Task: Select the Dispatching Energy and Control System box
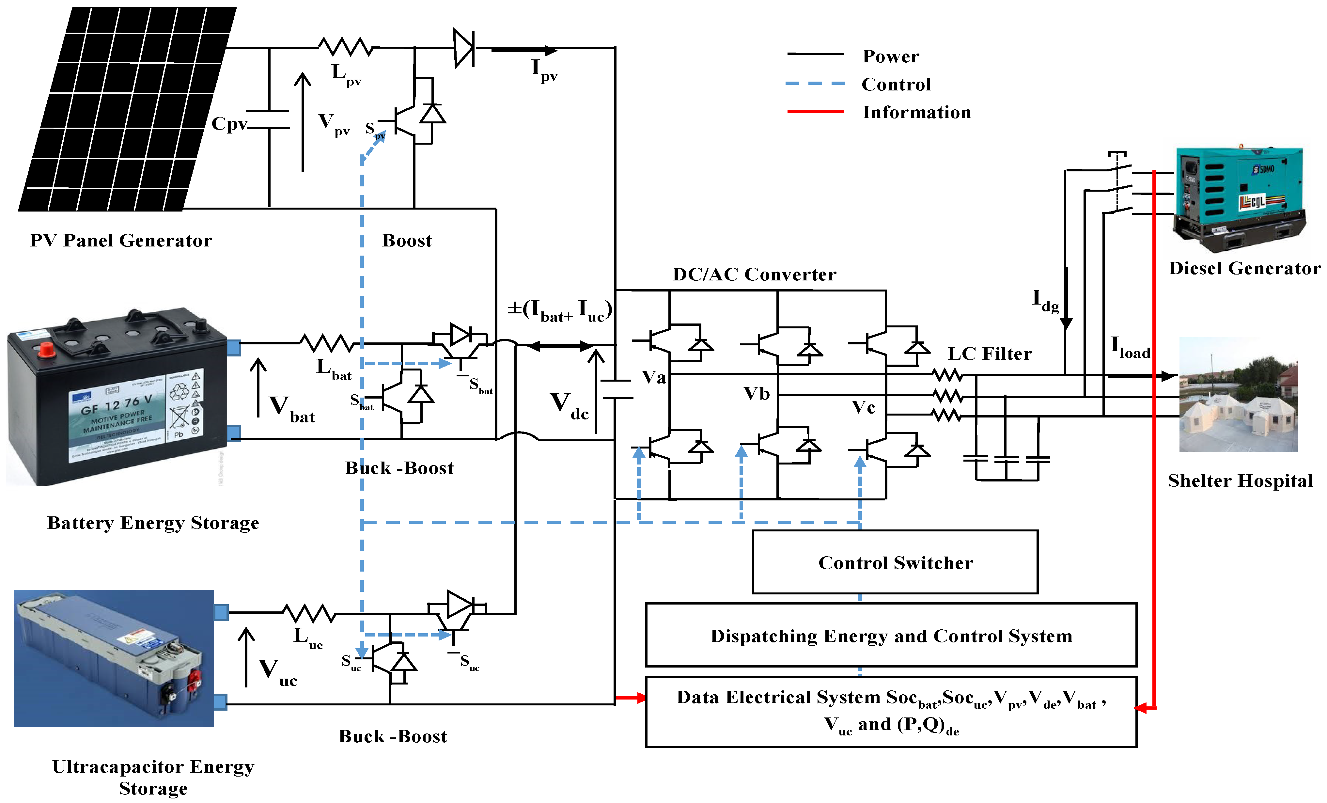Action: (891, 636)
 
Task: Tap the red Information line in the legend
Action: (815, 112)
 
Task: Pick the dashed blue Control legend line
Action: (815, 84)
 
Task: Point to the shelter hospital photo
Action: (1238, 395)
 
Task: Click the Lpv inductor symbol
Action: (345, 47)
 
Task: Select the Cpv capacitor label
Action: (229, 123)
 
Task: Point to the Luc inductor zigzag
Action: (309, 613)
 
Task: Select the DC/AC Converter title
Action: (754, 275)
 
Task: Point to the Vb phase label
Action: (757, 394)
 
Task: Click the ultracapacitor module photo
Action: (114, 658)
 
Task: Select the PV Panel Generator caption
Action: (121, 240)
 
